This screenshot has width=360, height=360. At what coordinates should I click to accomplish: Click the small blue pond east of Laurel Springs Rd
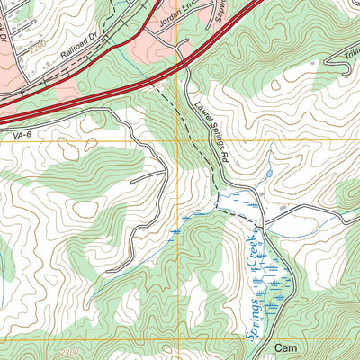[267, 173]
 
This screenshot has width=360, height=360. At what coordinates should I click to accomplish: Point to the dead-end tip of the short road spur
[132, 183]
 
